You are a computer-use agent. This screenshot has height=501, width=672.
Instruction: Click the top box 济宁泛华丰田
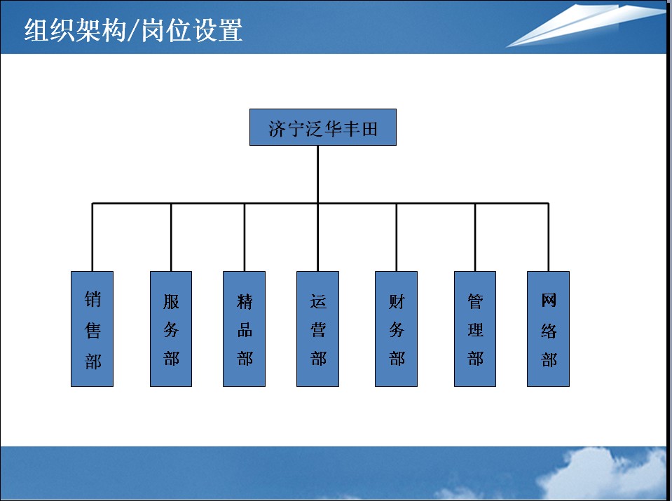point(323,128)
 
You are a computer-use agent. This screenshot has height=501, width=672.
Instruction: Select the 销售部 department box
point(92,329)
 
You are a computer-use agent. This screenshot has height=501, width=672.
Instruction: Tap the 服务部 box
point(171,329)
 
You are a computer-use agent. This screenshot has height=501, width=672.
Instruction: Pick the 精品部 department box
point(245,329)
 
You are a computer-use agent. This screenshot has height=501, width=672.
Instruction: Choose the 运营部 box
point(317,329)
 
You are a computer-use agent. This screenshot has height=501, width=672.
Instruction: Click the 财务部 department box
point(396,329)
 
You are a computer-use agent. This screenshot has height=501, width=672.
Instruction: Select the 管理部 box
point(475,329)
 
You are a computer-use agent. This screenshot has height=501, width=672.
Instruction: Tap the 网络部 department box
point(548,329)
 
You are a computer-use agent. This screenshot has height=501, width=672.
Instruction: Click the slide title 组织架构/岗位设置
point(133,30)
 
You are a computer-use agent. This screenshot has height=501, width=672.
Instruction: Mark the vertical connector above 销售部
point(92,237)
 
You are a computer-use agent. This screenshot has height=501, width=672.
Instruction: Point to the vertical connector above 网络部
point(548,237)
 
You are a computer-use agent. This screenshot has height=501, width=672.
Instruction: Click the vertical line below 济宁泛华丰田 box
point(317,174)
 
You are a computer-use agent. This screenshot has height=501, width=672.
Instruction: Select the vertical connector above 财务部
point(396,237)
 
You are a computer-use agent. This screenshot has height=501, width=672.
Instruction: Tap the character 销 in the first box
point(92,299)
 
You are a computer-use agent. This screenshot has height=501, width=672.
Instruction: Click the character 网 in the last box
point(549,300)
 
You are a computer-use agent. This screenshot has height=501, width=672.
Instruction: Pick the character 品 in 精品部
point(245,330)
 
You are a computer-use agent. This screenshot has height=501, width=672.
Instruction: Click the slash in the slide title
point(133,31)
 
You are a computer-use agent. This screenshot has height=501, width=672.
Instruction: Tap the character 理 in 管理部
point(475,330)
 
